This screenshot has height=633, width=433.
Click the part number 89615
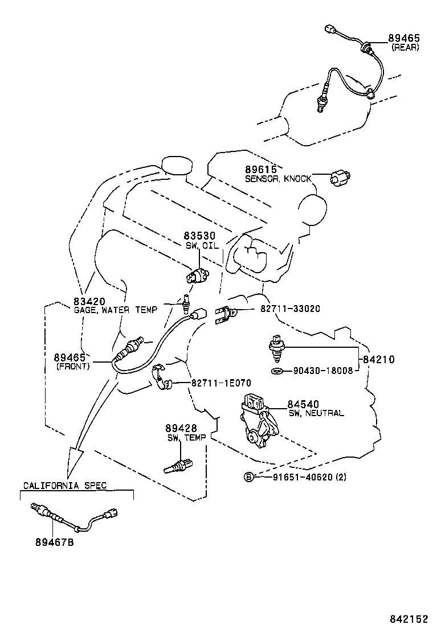260,170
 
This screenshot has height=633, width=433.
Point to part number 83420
89,301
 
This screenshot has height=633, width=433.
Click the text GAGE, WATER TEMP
115,310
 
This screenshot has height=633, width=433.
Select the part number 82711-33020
290,309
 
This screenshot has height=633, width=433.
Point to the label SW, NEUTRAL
316,413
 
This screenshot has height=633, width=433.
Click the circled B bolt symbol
248,476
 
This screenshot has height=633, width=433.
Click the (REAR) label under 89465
405,47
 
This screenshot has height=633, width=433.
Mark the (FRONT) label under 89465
72,366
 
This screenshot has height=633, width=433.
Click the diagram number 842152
409,618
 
